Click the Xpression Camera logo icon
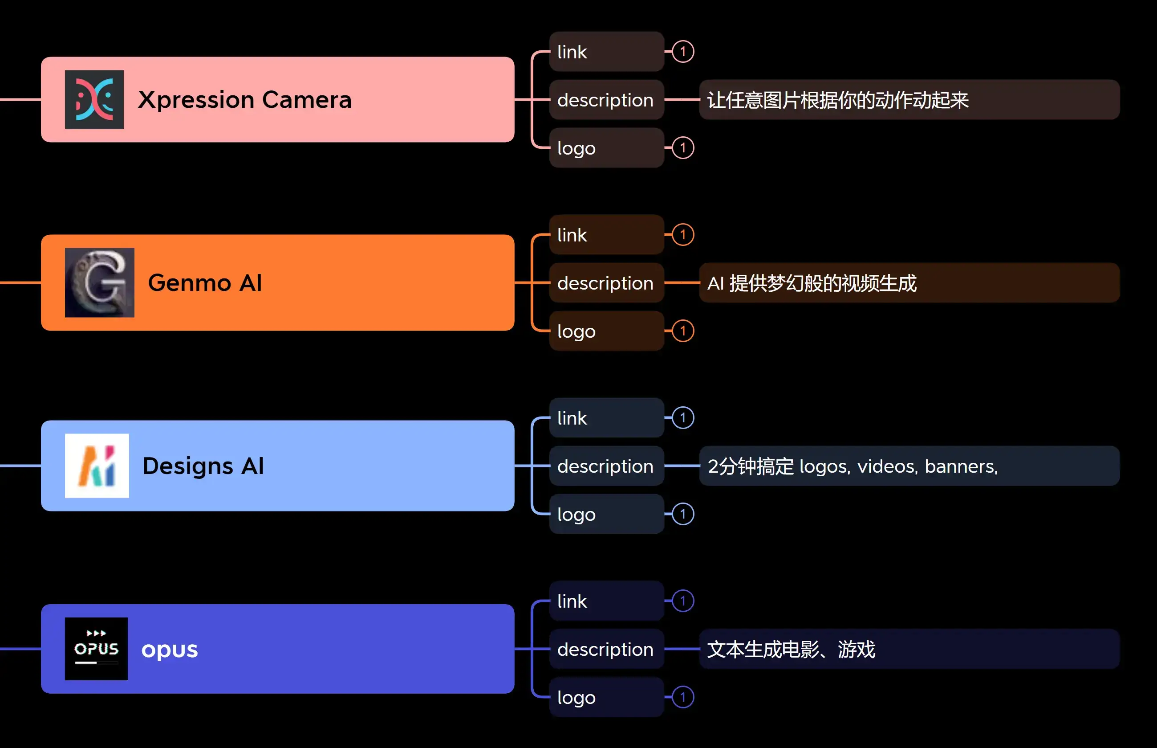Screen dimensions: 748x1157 click(x=94, y=100)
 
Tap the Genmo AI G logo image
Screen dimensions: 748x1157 click(x=99, y=283)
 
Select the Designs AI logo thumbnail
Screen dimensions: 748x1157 click(x=97, y=466)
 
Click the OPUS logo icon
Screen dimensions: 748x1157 click(x=96, y=649)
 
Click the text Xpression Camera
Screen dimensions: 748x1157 click(x=244, y=100)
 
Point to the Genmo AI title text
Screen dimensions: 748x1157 click(x=205, y=283)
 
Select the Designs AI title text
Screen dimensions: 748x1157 click(x=203, y=466)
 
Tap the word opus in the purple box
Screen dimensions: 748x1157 click(x=169, y=650)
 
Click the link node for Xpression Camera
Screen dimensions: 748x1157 click(x=606, y=52)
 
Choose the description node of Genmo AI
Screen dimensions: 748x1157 click(x=606, y=283)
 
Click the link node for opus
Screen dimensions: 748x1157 click(x=606, y=601)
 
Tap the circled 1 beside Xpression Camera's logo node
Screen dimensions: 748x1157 click(x=683, y=147)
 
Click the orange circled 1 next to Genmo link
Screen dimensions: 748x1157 click(x=683, y=235)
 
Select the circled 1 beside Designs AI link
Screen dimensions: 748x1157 click(x=683, y=418)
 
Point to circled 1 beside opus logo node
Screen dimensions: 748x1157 click(x=683, y=698)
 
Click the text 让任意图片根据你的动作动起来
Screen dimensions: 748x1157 click(x=838, y=100)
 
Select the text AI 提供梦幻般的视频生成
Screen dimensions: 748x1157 click(x=812, y=283)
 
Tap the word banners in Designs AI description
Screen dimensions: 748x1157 click(x=960, y=467)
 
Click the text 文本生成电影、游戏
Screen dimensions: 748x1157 click(x=791, y=650)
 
